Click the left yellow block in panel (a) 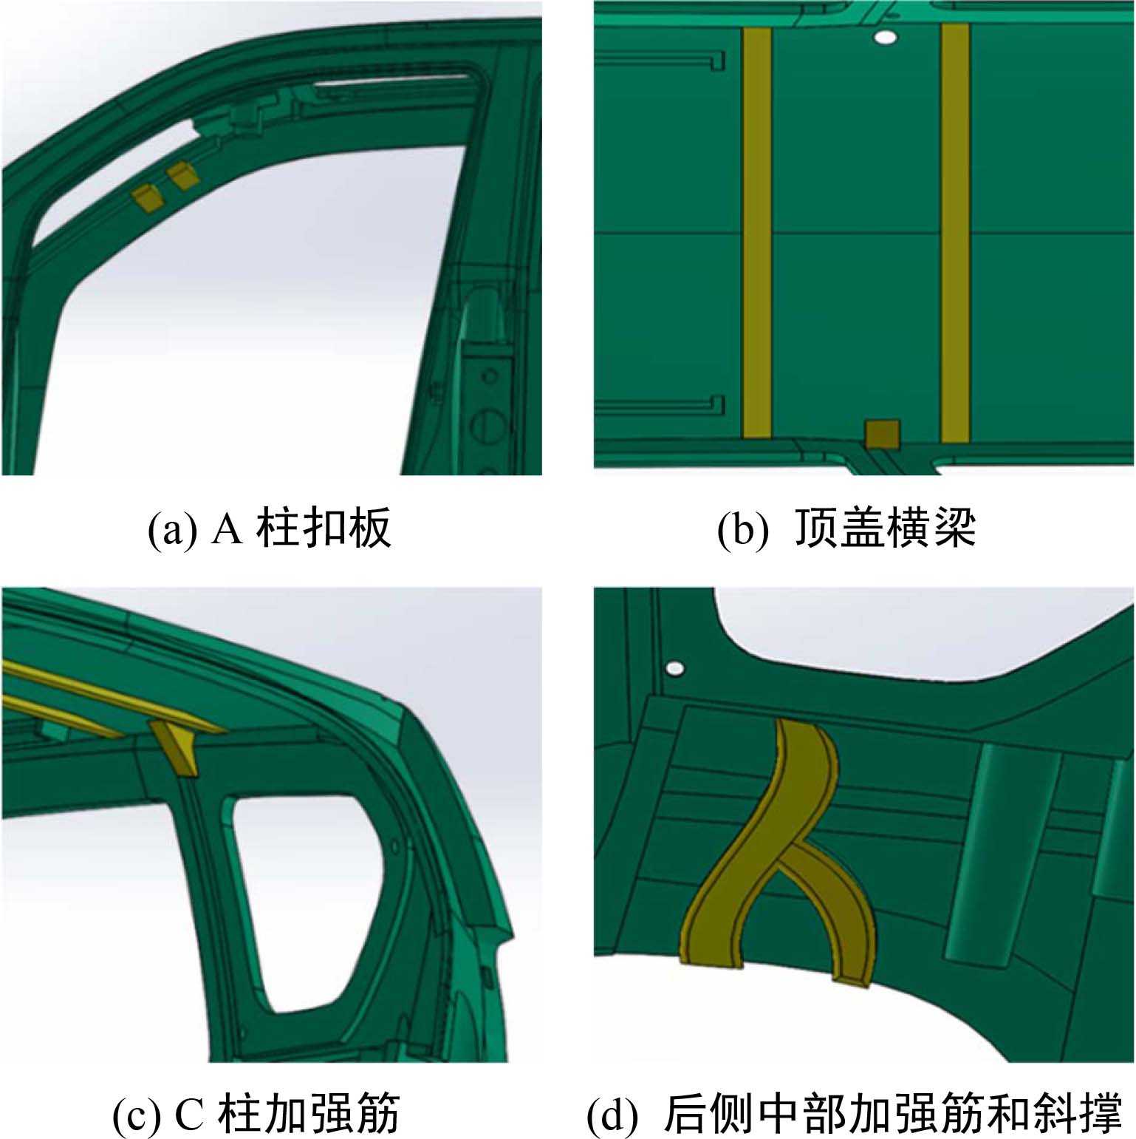click(146, 197)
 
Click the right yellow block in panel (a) click(182, 177)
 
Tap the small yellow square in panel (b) click(883, 435)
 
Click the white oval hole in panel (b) click(885, 37)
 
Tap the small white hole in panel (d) click(674, 669)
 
